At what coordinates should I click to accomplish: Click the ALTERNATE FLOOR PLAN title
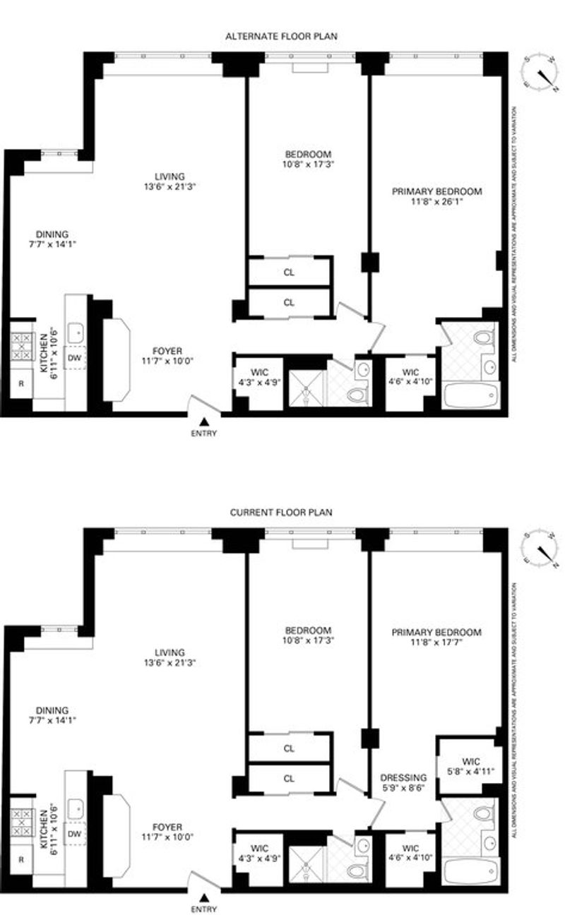coord(282,36)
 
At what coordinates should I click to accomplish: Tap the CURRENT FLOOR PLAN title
coord(281,513)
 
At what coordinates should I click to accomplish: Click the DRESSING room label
coord(403,777)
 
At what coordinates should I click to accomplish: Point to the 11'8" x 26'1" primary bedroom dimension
coord(436,201)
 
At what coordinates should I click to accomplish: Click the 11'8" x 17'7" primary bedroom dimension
coord(436,642)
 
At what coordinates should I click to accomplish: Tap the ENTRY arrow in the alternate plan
coord(204,421)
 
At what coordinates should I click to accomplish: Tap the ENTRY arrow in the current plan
coord(204,897)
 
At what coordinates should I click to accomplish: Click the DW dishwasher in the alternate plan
coord(74,358)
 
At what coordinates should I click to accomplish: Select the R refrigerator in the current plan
coord(21,859)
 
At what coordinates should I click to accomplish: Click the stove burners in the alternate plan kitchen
coord(22,347)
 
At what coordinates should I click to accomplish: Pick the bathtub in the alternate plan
coord(470,395)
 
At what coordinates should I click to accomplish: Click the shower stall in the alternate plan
coord(307,388)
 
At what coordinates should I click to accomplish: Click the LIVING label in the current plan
coord(169,652)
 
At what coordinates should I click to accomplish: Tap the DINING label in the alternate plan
coord(52,234)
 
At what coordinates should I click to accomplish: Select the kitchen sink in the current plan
coord(76,809)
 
